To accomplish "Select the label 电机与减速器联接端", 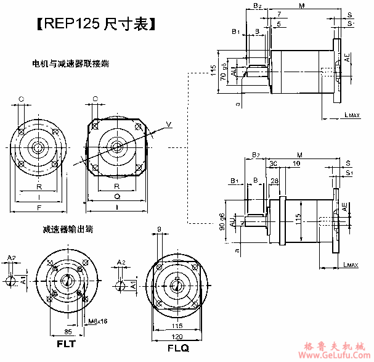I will coord(71,64).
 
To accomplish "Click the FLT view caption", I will coord(66,343).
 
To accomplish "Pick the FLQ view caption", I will coord(178,348).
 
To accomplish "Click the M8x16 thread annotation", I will coord(97,321).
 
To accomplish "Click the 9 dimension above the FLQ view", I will coord(160,229).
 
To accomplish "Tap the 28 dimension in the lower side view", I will coord(275,180).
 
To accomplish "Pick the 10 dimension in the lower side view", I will coord(314,163).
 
